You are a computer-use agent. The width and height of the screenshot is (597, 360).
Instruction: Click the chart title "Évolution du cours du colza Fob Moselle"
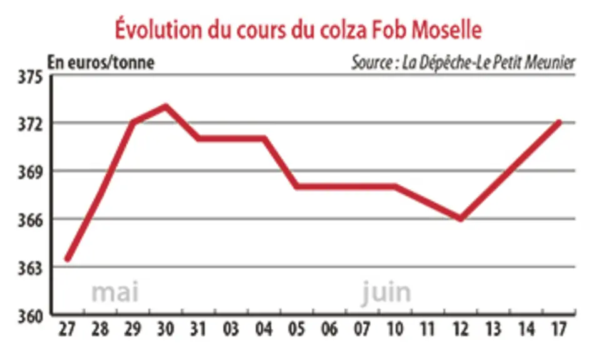point(299,29)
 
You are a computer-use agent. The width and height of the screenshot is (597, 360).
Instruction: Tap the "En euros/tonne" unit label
point(101,62)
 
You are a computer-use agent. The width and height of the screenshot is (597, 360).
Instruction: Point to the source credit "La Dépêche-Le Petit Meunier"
point(488,62)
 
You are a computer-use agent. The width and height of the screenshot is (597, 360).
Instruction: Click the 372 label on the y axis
point(31,124)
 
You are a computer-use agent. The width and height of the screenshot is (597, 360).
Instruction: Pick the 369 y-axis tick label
point(31,172)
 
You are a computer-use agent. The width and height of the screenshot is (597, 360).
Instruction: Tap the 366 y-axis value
point(31,221)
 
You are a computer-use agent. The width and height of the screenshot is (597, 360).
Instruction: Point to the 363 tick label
point(31,268)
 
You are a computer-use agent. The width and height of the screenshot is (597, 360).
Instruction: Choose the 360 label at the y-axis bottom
point(31,316)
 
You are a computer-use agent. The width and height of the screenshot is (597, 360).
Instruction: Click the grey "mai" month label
point(115,292)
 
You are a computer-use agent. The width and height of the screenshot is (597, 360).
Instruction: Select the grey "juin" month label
point(386,292)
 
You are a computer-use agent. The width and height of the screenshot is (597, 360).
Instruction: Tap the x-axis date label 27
point(67,329)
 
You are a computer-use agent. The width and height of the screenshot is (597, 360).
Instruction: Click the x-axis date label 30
point(166,329)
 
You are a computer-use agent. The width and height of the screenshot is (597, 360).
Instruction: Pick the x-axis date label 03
point(231,329)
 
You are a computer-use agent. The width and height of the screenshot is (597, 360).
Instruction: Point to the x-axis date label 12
point(460,329)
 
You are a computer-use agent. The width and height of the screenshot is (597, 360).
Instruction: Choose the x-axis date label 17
point(558,329)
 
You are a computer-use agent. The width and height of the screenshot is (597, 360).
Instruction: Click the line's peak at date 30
point(166,106)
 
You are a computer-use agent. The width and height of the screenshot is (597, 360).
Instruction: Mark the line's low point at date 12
point(461,219)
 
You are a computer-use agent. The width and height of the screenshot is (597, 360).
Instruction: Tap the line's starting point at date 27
point(68,259)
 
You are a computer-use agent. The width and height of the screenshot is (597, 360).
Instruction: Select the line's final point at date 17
point(559,122)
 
